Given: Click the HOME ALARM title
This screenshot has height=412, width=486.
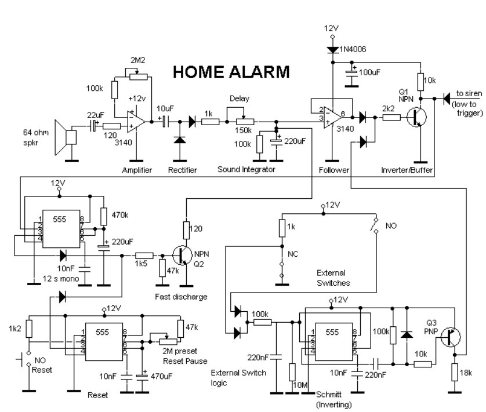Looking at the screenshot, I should tap(231, 72).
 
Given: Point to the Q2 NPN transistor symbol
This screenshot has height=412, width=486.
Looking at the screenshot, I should tap(182, 256).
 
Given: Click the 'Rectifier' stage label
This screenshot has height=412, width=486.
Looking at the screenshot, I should tap(182, 169).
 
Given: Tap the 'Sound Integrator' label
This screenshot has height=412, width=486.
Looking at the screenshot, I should tap(246, 169).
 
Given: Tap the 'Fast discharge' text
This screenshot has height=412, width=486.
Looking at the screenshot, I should tap(181, 297).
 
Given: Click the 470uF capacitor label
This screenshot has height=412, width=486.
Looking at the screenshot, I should tap(161, 377).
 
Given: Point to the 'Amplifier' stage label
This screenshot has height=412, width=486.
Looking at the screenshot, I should tap(137, 169).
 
